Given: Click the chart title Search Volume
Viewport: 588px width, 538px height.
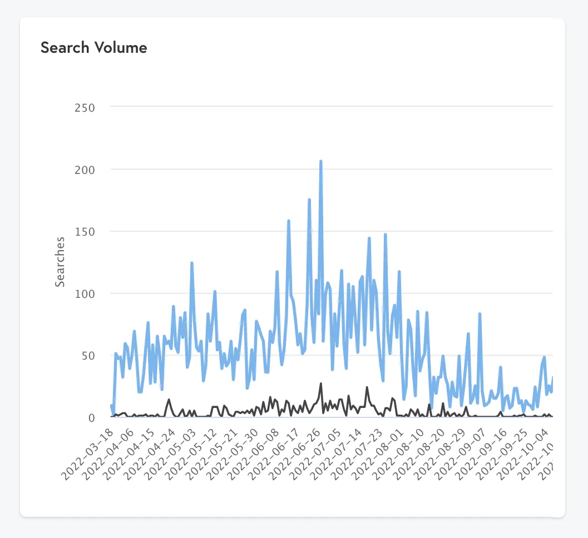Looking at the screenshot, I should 93,48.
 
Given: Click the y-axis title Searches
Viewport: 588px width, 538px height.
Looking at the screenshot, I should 60,262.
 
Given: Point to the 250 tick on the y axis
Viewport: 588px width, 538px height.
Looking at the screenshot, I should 85,107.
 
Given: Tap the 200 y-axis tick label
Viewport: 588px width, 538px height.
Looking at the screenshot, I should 85,169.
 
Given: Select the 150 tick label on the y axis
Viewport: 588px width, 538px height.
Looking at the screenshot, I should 85,231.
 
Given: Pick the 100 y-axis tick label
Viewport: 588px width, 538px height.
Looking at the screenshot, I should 85,293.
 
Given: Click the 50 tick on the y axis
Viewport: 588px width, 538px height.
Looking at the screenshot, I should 87,356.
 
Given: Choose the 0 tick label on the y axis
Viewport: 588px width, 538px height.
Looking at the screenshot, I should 91,417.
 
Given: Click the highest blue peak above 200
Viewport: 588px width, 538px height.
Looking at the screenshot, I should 321,162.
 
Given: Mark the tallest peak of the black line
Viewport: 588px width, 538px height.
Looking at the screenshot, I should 321,383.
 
